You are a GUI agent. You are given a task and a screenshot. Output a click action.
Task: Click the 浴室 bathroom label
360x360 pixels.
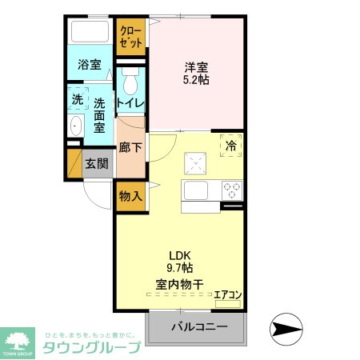click(x=89, y=65)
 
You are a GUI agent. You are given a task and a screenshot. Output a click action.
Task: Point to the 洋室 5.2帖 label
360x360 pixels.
click(x=197, y=74)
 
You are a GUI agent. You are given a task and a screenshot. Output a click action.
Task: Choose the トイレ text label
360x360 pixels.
click(x=130, y=103)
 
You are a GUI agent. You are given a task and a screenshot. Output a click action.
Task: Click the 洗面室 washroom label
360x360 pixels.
click(x=100, y=114)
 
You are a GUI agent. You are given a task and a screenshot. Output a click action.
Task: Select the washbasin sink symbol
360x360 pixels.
click(x=75, y=126)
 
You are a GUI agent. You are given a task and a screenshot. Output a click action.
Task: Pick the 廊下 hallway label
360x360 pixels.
click(x=130, y=146)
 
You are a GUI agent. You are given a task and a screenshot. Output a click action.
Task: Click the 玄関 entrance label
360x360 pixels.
click(x=98, y=164)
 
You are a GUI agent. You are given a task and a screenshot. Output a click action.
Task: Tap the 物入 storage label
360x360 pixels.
click(x=130, y=195)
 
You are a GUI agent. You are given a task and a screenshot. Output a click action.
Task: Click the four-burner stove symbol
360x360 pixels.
click(x=232, y=190)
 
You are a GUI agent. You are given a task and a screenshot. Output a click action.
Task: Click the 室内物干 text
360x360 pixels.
click(x=179, y=283)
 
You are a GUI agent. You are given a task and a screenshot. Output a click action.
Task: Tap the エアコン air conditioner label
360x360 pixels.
click(x=227, y=294)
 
